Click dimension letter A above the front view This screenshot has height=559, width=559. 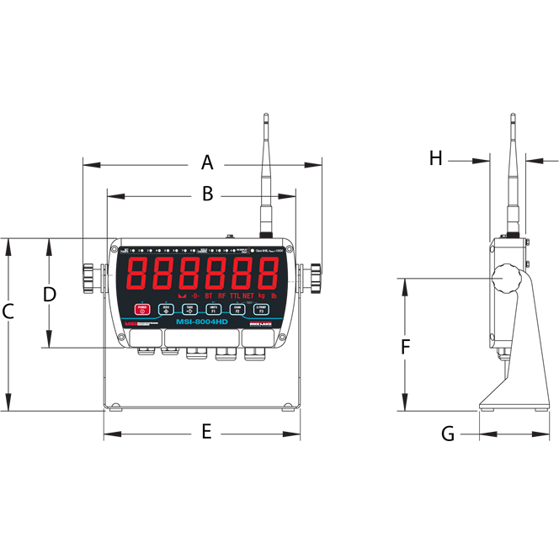tap(207, 162)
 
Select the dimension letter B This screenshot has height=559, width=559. tap(207, 194)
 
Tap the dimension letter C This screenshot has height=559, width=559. tap(8, 311)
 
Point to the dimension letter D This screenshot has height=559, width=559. tap(49, 294)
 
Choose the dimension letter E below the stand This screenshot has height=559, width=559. tap(205, 433)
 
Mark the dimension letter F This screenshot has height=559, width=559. tap(405, 345)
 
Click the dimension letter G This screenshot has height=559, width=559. tap(448, 434)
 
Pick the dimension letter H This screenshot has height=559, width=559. tap(435, 157)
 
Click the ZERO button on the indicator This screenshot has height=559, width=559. tap(166, 309)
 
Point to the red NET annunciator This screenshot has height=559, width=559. tap(248, 295)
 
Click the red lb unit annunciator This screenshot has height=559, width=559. tap(274, 295)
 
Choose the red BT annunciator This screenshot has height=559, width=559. tap(209, 295)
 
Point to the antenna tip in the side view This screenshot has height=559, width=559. tap(514, 117)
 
